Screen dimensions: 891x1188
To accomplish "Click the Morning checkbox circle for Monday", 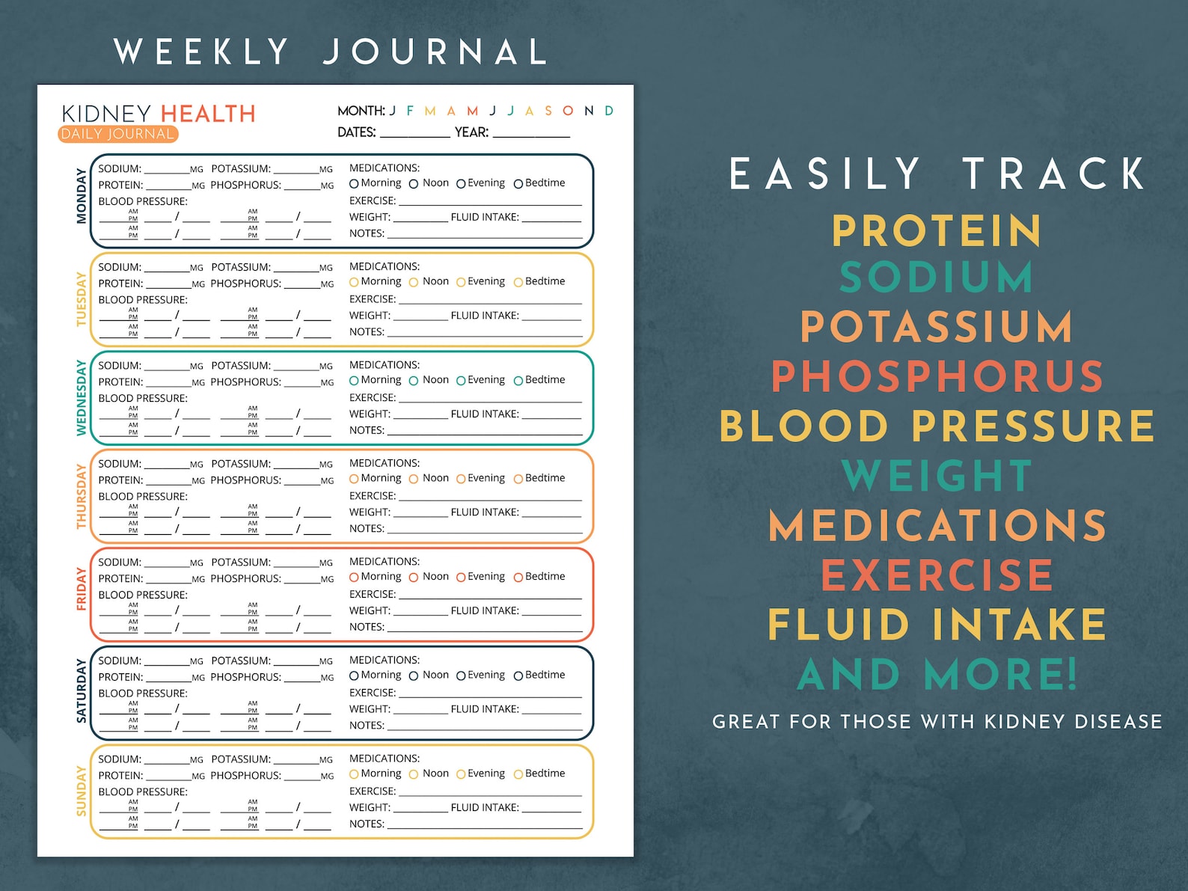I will (x=354, y=184).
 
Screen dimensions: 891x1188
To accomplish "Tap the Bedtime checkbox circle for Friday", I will (x=518, y=578).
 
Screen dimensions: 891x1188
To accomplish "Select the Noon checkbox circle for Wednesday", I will (x=414, y=381).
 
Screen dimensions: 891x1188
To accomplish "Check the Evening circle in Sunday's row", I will (x=461, y=774).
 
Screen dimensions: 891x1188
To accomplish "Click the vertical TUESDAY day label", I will (x=81, y=299).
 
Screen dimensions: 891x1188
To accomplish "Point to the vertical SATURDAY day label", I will (x=81, y=691).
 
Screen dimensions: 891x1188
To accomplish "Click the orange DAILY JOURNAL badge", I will (x=117, y=134).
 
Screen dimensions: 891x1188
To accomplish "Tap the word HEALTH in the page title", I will (x=208, y=114).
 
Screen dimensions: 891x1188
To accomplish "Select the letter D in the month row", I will (x=609, y=111).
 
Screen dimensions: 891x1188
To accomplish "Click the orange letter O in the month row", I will (x=568, y=111).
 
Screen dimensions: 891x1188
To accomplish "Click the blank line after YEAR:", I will (x=531, y=134).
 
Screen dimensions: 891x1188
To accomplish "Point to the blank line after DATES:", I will (x=414, y=134).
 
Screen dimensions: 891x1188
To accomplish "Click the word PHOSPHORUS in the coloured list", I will (x=937, y=376).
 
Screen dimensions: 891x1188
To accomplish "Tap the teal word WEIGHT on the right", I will (x=937, y=476).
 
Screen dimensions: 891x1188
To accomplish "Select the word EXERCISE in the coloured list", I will (x=937, y=575).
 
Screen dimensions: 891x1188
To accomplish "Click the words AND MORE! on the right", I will (x=937, y=674).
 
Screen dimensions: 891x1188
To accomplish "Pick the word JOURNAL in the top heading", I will (x=435, y=52).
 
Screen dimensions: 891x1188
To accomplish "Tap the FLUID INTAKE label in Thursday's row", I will (x=485, y=512).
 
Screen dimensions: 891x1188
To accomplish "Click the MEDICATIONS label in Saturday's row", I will (x=385, y=660).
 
